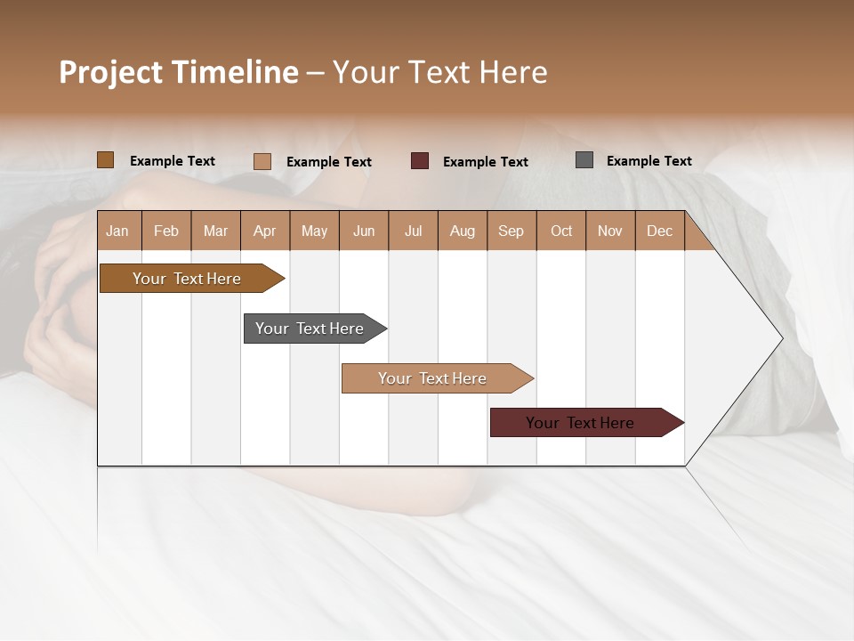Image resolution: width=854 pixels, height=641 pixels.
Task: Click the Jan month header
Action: [117, 231]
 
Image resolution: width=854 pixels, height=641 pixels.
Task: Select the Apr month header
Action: [264, 231]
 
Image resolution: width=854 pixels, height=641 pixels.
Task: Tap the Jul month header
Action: [413, 231]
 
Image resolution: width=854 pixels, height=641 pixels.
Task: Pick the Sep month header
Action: [511, 231]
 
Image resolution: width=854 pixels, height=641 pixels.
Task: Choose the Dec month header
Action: [659, 231]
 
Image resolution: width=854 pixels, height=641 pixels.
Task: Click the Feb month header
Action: [166, 231]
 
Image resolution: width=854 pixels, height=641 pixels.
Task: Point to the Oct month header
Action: [561, 231]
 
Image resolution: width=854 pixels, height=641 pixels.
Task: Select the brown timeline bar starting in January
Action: [188, 279]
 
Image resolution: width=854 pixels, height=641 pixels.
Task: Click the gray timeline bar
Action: [310, 329]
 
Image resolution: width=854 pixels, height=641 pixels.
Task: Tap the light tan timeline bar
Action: [433, 378]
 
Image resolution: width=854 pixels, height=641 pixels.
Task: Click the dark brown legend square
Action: [106, 160]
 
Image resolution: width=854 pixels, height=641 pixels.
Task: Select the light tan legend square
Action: [262, 161]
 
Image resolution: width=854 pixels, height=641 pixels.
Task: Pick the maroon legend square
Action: [420, 161]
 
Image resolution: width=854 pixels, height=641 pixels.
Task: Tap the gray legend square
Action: [584, 160]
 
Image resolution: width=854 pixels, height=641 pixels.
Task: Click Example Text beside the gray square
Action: [649, 161]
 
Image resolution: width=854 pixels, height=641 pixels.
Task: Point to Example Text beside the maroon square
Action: [485, 162]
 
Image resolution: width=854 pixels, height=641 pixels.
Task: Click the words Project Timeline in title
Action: [179, 72]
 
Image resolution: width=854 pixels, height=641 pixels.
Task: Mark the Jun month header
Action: [364, 231]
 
